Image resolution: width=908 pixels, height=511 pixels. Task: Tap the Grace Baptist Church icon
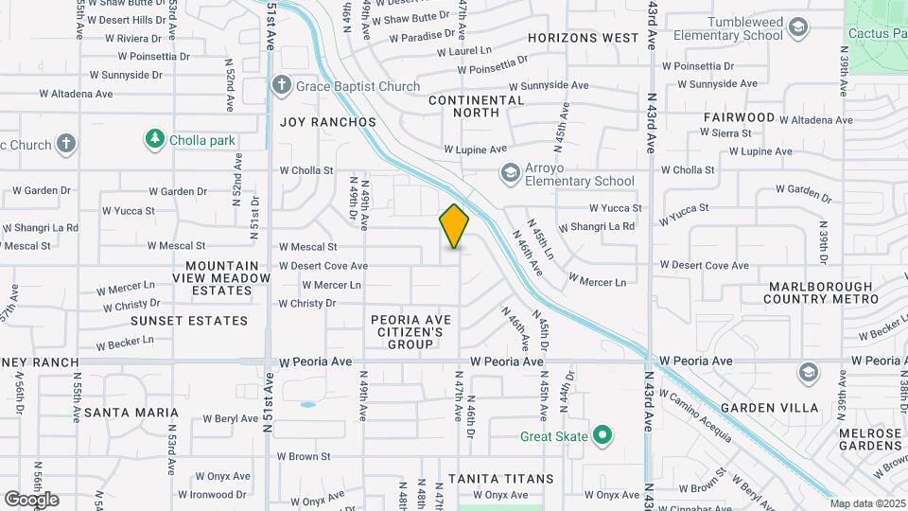(281, 86)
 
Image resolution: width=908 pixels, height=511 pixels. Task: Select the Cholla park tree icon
(154, 140)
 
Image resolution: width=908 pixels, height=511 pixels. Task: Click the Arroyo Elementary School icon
(511, 172)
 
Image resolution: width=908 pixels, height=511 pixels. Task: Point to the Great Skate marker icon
(602, 436)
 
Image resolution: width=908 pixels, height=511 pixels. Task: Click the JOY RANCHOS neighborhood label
(328, 122)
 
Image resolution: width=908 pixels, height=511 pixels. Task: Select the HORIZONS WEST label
(584, 38)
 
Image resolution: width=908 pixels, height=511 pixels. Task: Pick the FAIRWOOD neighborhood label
(739, 117)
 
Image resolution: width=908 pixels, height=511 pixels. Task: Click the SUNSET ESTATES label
(189, 321)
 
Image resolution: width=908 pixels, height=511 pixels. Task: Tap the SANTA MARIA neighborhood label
(131, 413)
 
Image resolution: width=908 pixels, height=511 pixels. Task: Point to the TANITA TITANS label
(501, 479)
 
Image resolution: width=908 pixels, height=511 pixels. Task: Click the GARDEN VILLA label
(769, 408)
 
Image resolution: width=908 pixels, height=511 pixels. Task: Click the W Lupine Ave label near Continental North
(476, 150)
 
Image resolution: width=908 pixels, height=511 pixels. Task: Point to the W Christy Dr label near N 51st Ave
(306, 304)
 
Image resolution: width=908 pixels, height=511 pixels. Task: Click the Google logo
(31, 500)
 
